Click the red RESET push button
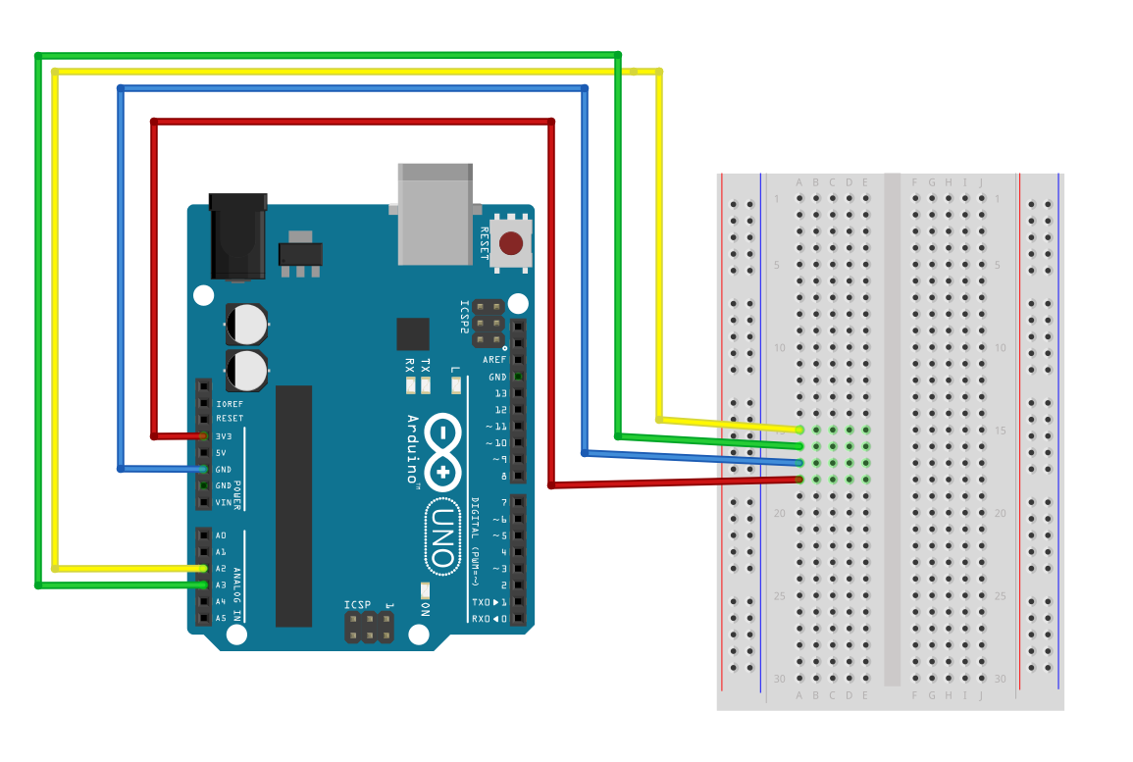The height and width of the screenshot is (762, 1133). click(511, 242)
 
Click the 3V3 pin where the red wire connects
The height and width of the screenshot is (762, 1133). click(204, 435)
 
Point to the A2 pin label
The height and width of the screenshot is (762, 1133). click(222, 569)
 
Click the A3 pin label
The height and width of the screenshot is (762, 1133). click(222, 585)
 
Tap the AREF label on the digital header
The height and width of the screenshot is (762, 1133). click(494, 360)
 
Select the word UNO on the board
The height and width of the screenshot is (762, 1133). click(442, 538)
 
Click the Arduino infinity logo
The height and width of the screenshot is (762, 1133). click(443, 453)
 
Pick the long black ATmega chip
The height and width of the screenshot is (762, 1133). click(293, 506)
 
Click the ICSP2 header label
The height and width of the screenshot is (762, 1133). click(466, 319)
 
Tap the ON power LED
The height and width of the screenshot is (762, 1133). click(425, 589)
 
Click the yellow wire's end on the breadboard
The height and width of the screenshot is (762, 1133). click(800, 430)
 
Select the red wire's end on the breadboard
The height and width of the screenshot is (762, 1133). click(800, 480)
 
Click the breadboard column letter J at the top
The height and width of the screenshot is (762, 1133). click(980, 182)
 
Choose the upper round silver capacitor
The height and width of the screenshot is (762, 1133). click(247, 323)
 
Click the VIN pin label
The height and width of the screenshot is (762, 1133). click(223, 503)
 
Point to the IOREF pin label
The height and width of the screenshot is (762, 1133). click(229, 403)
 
